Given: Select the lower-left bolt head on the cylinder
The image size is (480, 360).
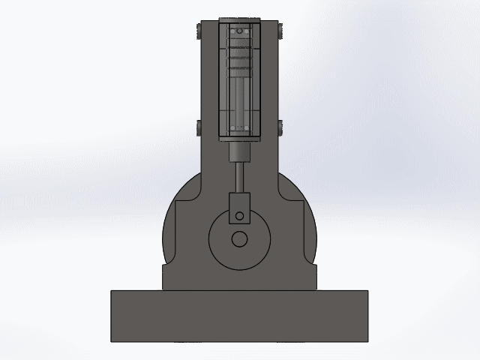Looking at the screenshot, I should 197,127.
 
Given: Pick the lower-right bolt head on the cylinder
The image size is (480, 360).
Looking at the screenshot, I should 280,127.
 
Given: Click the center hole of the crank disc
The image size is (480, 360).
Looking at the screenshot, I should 239,239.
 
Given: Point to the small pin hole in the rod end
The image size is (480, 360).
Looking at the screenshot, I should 239,216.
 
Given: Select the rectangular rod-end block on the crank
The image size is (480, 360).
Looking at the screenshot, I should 239,205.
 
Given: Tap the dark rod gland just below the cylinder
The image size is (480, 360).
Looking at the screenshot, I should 239,151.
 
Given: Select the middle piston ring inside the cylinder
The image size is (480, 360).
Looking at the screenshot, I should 239,55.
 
